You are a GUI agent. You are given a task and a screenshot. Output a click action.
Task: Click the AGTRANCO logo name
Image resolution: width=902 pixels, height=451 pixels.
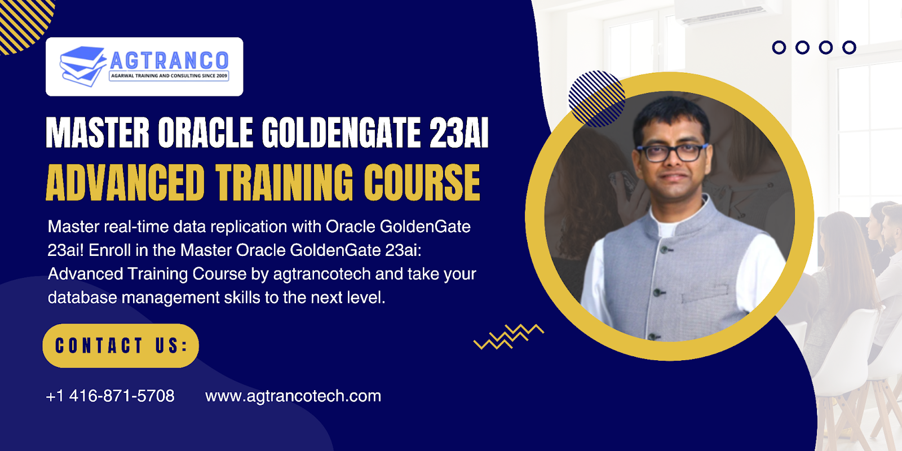(x=169, y=60)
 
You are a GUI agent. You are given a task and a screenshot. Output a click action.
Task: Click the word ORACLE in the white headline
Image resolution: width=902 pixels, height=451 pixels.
(x=205, y=132)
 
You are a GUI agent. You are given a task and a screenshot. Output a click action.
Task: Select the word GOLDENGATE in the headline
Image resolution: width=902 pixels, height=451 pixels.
(x=341, y=132)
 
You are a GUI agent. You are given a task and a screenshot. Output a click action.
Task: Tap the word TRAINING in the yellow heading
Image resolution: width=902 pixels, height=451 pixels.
(x=284, y=183)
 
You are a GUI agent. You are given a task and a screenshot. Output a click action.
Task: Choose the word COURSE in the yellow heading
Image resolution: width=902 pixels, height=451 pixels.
(x=422, y=183)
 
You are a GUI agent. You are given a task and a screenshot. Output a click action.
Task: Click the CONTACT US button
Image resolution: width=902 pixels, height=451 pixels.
(x=121, y=346)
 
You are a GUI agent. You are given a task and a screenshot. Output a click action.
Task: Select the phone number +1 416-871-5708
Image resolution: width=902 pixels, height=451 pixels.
(x=110, y=396)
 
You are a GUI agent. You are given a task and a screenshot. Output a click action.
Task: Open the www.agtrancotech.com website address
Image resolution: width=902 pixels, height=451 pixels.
(x=293, y=396)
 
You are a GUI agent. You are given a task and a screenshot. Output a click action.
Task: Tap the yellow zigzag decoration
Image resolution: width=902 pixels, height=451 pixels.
(x=509, y=337)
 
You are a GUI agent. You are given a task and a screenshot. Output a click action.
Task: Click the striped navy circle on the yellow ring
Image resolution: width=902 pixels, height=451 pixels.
(x=596, y=99)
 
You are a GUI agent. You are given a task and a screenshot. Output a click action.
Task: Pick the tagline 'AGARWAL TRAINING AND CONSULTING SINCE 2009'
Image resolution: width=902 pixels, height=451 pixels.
(x=169, y=76)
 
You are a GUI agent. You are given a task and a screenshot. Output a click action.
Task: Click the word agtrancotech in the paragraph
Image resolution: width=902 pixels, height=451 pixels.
(x=322, y=274)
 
